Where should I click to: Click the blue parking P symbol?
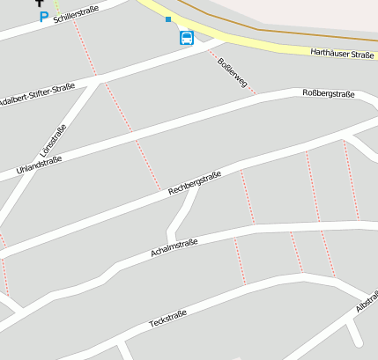(x=43, y=16)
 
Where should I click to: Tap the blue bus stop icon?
(x=187, y=38)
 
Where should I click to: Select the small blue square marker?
(x=168, y=19)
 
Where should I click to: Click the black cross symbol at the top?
(x=39, y=3)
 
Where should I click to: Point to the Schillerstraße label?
(x=78, y=13)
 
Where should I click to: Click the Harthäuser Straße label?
(x=342, y=54)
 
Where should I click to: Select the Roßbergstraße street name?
(x=328, y=94)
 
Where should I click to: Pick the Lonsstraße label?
(x=53, y=141)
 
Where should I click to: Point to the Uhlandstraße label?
(x=39, y=164)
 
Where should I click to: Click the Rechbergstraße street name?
(x=195, y=184)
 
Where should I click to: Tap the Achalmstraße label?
(x=174, y=247)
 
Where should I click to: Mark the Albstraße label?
(x=367, y=302)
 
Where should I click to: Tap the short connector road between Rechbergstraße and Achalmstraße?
(x=184, y=212)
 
